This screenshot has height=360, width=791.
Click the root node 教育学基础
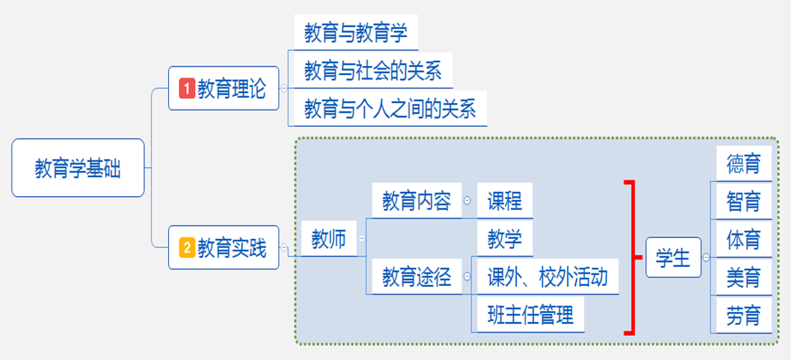click(78, 168)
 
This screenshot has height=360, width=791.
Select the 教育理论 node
click(223, 88)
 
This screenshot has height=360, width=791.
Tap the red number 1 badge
click(187, 89)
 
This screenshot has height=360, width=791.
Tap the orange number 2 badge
click(187, 248)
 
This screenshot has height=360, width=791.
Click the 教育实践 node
click(223, 248)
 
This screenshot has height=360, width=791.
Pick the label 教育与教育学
click(356, 33)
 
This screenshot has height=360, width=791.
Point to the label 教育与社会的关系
click(373, 71)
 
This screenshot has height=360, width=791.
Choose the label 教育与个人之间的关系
click(391, 109)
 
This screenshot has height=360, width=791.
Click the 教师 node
click(329, 239)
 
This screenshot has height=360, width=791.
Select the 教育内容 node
click(417, 201)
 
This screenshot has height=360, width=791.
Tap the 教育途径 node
click(417, 277)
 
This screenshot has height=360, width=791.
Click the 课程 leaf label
click(505, 201)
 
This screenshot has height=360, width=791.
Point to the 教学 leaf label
click(505, 238)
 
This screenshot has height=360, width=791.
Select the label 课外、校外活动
click(548, 277)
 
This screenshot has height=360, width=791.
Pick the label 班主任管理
click(531, 315)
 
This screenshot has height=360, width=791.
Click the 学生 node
click(673, 258)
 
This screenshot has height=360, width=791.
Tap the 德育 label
click(744, 163)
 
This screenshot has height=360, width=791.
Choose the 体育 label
click(744, 238)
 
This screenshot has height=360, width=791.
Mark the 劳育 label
click(744, 316)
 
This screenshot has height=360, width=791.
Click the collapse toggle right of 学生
click(706, 258)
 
